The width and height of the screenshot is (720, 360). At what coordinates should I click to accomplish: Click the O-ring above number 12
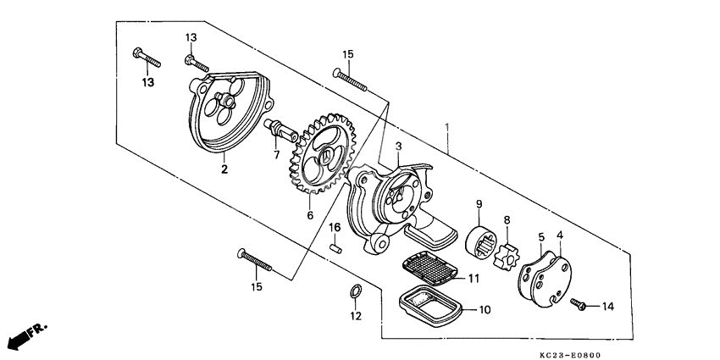pyautogui.click(x=356, y=292)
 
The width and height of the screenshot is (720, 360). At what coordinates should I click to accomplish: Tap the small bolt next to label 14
pyautogui.click(x=579, y=302)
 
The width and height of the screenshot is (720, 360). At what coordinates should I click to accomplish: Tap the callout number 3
pyautogui.click(x=398, y=147)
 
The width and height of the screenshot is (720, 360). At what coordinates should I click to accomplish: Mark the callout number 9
pyautogui.click(x=479, y=203)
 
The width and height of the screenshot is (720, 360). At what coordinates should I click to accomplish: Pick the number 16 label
pyautogui.click(x=335, y=228)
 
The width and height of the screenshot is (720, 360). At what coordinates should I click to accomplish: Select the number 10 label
pyautogui.click(x=484, y=310)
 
